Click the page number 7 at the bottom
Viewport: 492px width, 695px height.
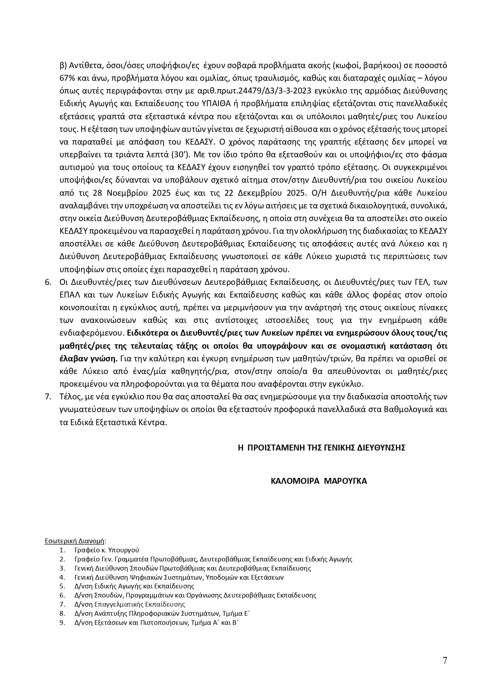click(x=445, y=661)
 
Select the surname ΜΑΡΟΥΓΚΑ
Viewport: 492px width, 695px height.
click(x=346, y=481)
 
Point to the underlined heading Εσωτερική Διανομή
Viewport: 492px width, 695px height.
click(x=74, y=540)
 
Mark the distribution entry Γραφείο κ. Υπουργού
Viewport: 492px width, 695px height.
click(x=107, y=550)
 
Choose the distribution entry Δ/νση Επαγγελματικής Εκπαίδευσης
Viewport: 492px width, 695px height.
click(x=130, y=604)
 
